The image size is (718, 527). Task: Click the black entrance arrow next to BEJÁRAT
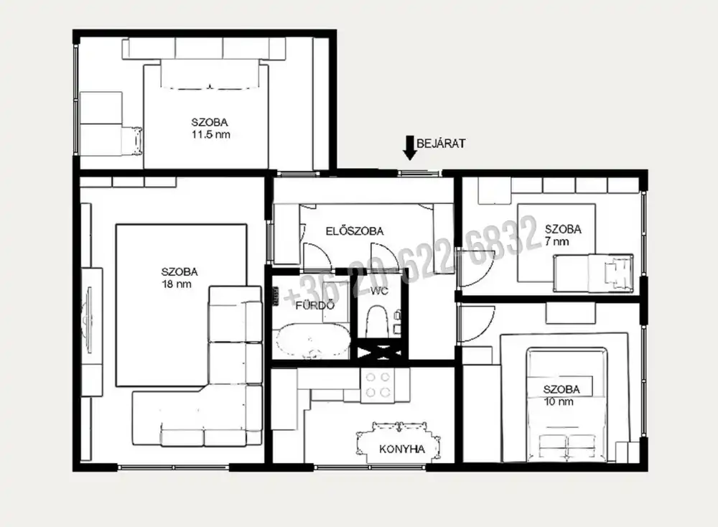coord(409,148)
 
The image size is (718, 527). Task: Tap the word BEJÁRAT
coord(441,144)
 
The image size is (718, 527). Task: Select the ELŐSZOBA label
coord(355,231)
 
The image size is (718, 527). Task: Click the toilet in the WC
coord(377,322)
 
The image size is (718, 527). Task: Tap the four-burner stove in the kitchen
coord(378,385)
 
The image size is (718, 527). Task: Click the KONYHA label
coord(402,449)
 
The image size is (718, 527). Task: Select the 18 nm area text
coord(177,284)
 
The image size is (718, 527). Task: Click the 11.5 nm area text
coord(210,134)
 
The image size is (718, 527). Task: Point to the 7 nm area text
coord(557,241)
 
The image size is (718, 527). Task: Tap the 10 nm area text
coord(558,402)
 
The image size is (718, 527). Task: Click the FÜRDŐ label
coord(315,305)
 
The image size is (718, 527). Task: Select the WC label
coord(379,291)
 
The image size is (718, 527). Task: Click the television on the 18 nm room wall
coord(88,319)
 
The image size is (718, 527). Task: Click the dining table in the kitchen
coord(399,443)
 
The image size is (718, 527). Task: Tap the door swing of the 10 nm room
coord(476,324)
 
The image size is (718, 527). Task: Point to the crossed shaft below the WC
coord(379,353)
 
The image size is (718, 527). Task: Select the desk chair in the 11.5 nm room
coord(132,141)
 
